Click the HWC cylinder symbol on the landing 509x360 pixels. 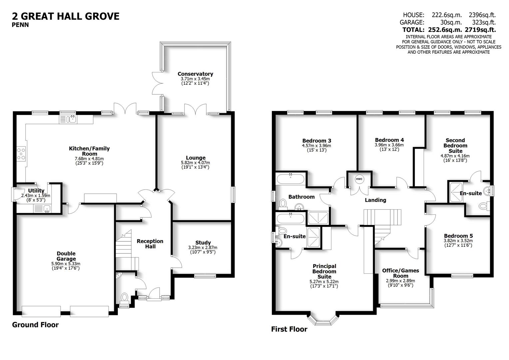(x=359, y=179)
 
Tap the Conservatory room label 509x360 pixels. (x=195, y=74)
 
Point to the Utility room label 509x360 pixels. (x=36, y=191)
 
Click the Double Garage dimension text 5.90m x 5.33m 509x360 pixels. (x=66, y=264)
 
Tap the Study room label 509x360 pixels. (x=203, y=243)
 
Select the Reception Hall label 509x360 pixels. (x=150, y=244)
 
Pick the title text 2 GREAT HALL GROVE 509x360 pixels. (x=66, y=16)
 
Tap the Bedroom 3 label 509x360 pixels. (x=316, y=141)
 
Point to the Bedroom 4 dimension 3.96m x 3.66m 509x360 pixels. (x=389, y=145)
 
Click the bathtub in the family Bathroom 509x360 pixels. (x=290, y=179)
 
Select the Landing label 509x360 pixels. (x=375, y=200)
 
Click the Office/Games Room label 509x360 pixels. (x=400, y=273)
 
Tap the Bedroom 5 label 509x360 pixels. (x=458, y=236)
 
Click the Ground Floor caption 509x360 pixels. (x=35, y=325)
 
